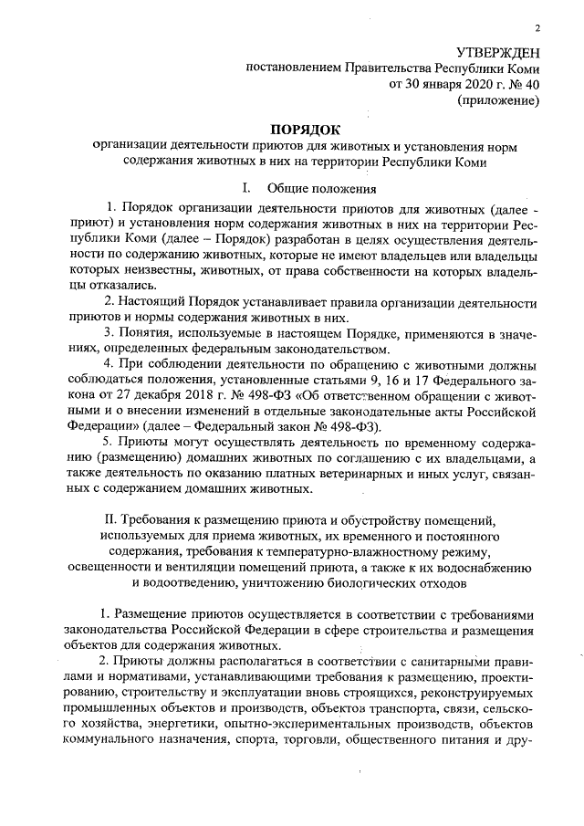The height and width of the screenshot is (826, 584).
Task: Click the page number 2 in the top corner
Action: pos(538,28)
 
